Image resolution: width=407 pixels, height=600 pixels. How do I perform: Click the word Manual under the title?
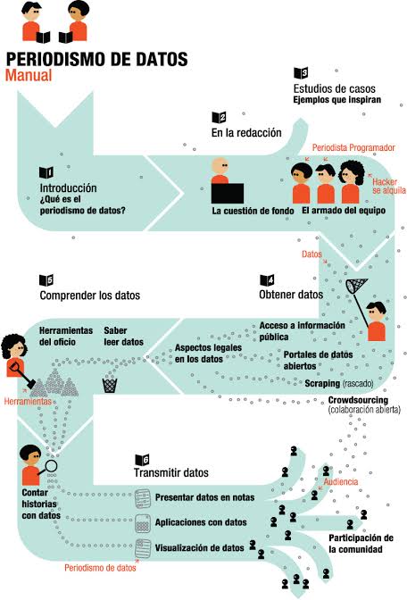29,75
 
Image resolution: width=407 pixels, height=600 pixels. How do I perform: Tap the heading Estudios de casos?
335,88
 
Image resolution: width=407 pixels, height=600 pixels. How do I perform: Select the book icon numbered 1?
46,172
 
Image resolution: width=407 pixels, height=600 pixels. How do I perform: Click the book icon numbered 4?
267,280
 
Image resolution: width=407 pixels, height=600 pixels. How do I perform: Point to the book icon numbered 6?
142,460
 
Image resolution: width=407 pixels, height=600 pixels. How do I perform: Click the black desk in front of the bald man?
228,193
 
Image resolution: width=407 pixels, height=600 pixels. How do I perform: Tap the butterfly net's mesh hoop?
356,285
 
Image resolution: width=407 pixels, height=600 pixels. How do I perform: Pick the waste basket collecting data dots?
110,385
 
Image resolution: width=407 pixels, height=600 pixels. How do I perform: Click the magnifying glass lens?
51,466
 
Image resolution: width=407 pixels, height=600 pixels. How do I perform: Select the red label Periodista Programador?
353,147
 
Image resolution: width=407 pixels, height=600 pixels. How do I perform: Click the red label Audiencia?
341,482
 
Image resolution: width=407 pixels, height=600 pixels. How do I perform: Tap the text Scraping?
322,383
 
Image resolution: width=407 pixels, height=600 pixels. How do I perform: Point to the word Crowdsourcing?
358,400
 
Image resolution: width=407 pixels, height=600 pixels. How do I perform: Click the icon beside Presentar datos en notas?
142,498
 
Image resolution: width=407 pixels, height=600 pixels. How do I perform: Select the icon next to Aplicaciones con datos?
142,523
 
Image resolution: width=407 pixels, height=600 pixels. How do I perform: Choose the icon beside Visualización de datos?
142,548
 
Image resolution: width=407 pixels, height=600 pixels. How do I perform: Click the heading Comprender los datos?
90,296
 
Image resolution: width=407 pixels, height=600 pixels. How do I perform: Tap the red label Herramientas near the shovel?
28,401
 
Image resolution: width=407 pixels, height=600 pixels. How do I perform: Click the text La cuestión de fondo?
253,211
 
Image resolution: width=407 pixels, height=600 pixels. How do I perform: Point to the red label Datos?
311,254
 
